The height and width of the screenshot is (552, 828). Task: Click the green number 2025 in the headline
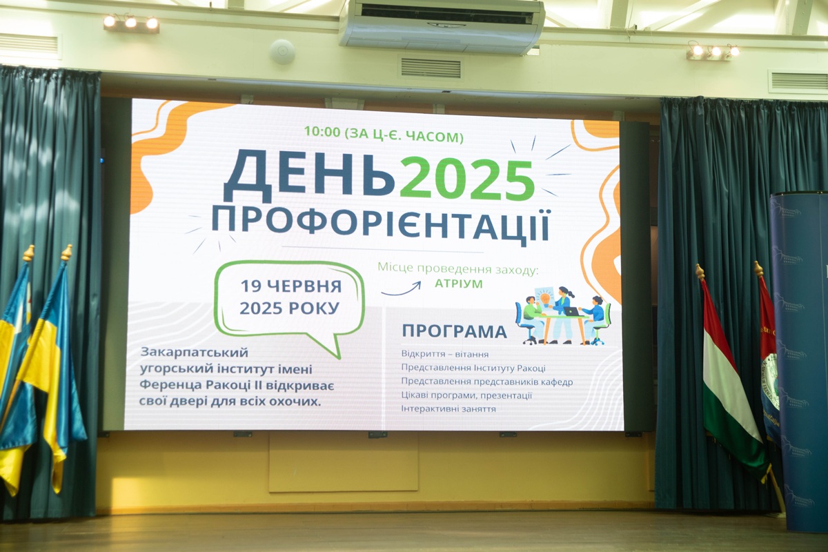click(468, 179)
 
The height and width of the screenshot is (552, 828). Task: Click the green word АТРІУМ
click(459, 284)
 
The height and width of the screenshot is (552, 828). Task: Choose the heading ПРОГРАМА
click(454, 332)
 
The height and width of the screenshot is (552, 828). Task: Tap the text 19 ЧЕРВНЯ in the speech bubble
click(291, 286)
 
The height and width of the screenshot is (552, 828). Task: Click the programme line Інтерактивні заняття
click(448, 409)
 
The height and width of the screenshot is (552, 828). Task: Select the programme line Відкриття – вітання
click(444, 354)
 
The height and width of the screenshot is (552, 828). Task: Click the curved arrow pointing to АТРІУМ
click(401, 288)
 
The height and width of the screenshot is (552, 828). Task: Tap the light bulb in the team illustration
click(545, 297)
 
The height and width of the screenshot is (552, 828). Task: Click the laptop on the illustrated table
click(572, 311)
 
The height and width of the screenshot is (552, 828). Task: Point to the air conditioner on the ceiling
click(442, 27)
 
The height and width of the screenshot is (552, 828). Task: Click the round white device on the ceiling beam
click(282, 52)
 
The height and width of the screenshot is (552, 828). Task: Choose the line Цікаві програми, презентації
click(466, 395)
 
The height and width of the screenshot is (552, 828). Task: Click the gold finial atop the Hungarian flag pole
click(700, 272)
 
